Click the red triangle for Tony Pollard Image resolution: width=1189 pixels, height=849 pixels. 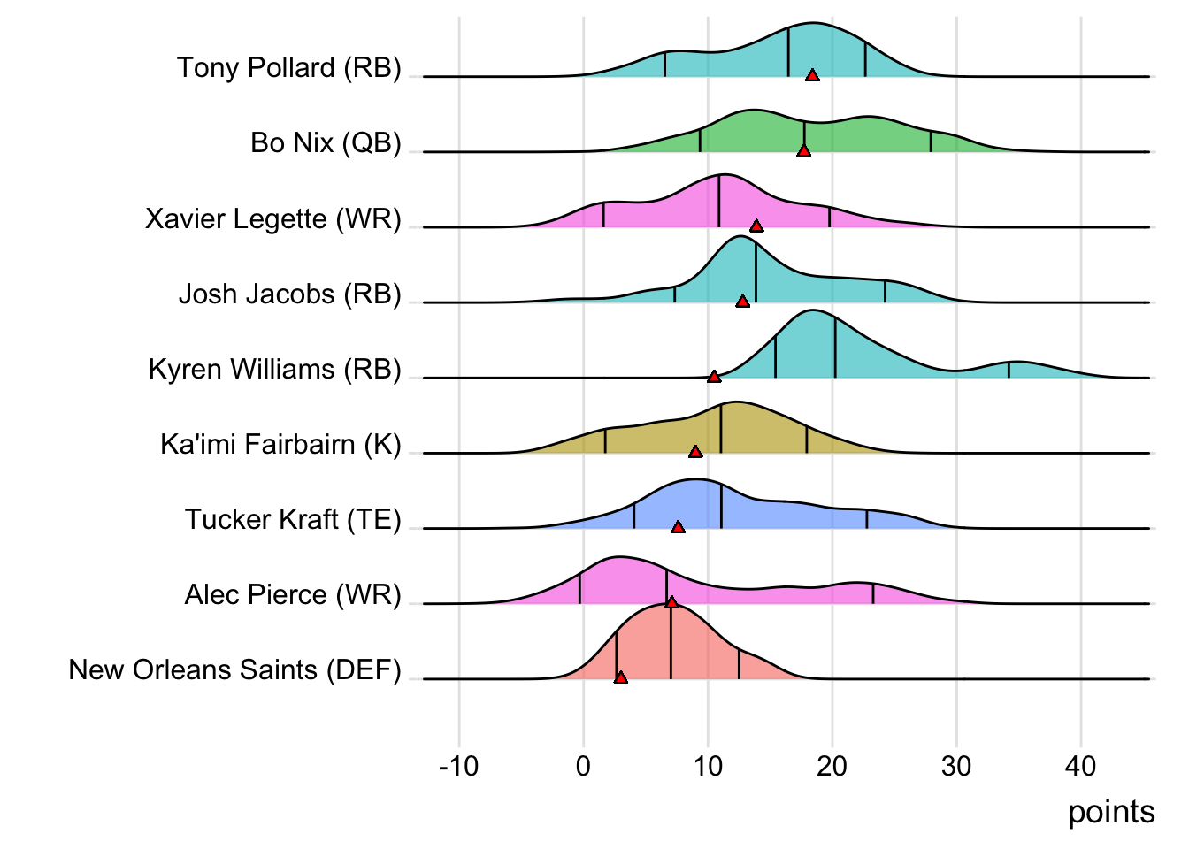click(x=812, y=75)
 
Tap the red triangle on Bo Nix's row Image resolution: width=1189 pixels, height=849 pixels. click(x=803, y=150)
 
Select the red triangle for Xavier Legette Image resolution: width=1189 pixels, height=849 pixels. click(x=756, y=226)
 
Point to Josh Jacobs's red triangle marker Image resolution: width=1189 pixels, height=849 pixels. click(x=742, y=302)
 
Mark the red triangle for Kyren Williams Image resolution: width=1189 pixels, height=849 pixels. click(x=714, y=377)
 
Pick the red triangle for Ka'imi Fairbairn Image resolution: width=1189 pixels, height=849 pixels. click(x=695, y=452)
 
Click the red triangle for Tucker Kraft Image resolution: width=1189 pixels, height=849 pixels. click(x=678, y=527)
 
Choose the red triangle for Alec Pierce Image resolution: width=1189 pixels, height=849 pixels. click(x=671, y=602)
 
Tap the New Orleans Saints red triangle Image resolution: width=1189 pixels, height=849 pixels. click(x=621, y=677)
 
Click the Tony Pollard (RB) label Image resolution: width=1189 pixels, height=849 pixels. click(x=288, y=68)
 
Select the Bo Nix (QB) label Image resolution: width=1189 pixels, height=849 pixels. click(x=326, y=143)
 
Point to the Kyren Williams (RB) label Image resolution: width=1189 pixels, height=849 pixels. click(x=274, y=369)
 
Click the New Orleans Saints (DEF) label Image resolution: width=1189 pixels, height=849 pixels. click(x=234, y=670)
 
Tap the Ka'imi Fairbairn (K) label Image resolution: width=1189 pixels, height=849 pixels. click(x=280, y=444)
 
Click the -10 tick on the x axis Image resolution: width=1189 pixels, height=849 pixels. click(x=458, y=766)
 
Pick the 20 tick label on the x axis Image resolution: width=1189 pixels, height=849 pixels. click(x=832, y=766)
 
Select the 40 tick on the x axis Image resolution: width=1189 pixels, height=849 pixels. click(x=1081, y=766)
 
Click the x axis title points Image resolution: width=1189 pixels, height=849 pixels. click(x=1111, y=812)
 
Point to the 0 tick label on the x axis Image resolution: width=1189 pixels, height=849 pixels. click(x=583, y=766)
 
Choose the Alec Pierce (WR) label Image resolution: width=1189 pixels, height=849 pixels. click(x=293, y=595)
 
